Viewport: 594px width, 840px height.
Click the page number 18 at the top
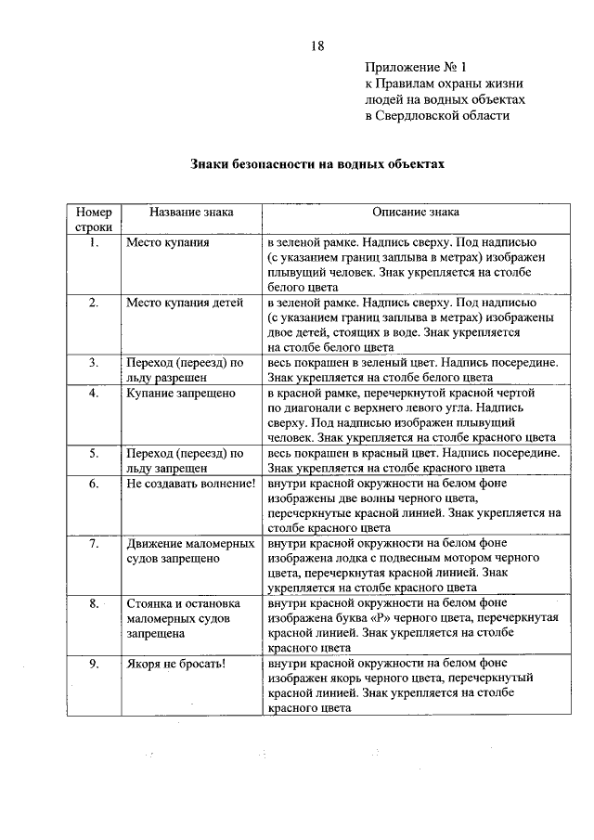(316, 46)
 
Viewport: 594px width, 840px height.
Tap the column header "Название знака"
(192, 212)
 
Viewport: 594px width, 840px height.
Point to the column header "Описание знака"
(416, 212)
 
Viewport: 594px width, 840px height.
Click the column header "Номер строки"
(94, 219)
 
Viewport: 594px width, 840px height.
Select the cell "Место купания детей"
(185, 303)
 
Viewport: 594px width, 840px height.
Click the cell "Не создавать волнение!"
(190, 484)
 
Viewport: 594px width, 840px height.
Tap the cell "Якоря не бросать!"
(177, 665)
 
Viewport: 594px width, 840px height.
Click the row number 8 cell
(94, 604)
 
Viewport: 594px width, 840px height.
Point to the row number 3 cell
(94, 363)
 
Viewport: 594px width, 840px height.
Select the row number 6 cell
(94, 484)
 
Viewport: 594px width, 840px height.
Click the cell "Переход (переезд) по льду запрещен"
(185, 460)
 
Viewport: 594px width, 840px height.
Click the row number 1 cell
(94, 242)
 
